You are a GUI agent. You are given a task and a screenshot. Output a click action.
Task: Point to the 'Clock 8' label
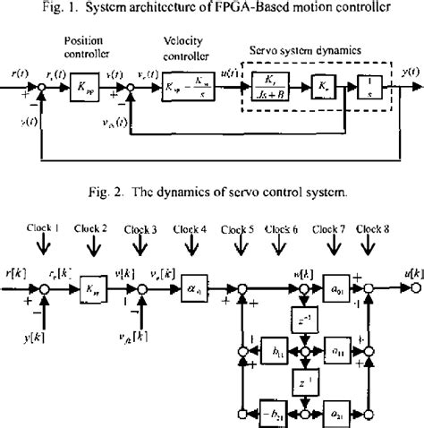(374, 227)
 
